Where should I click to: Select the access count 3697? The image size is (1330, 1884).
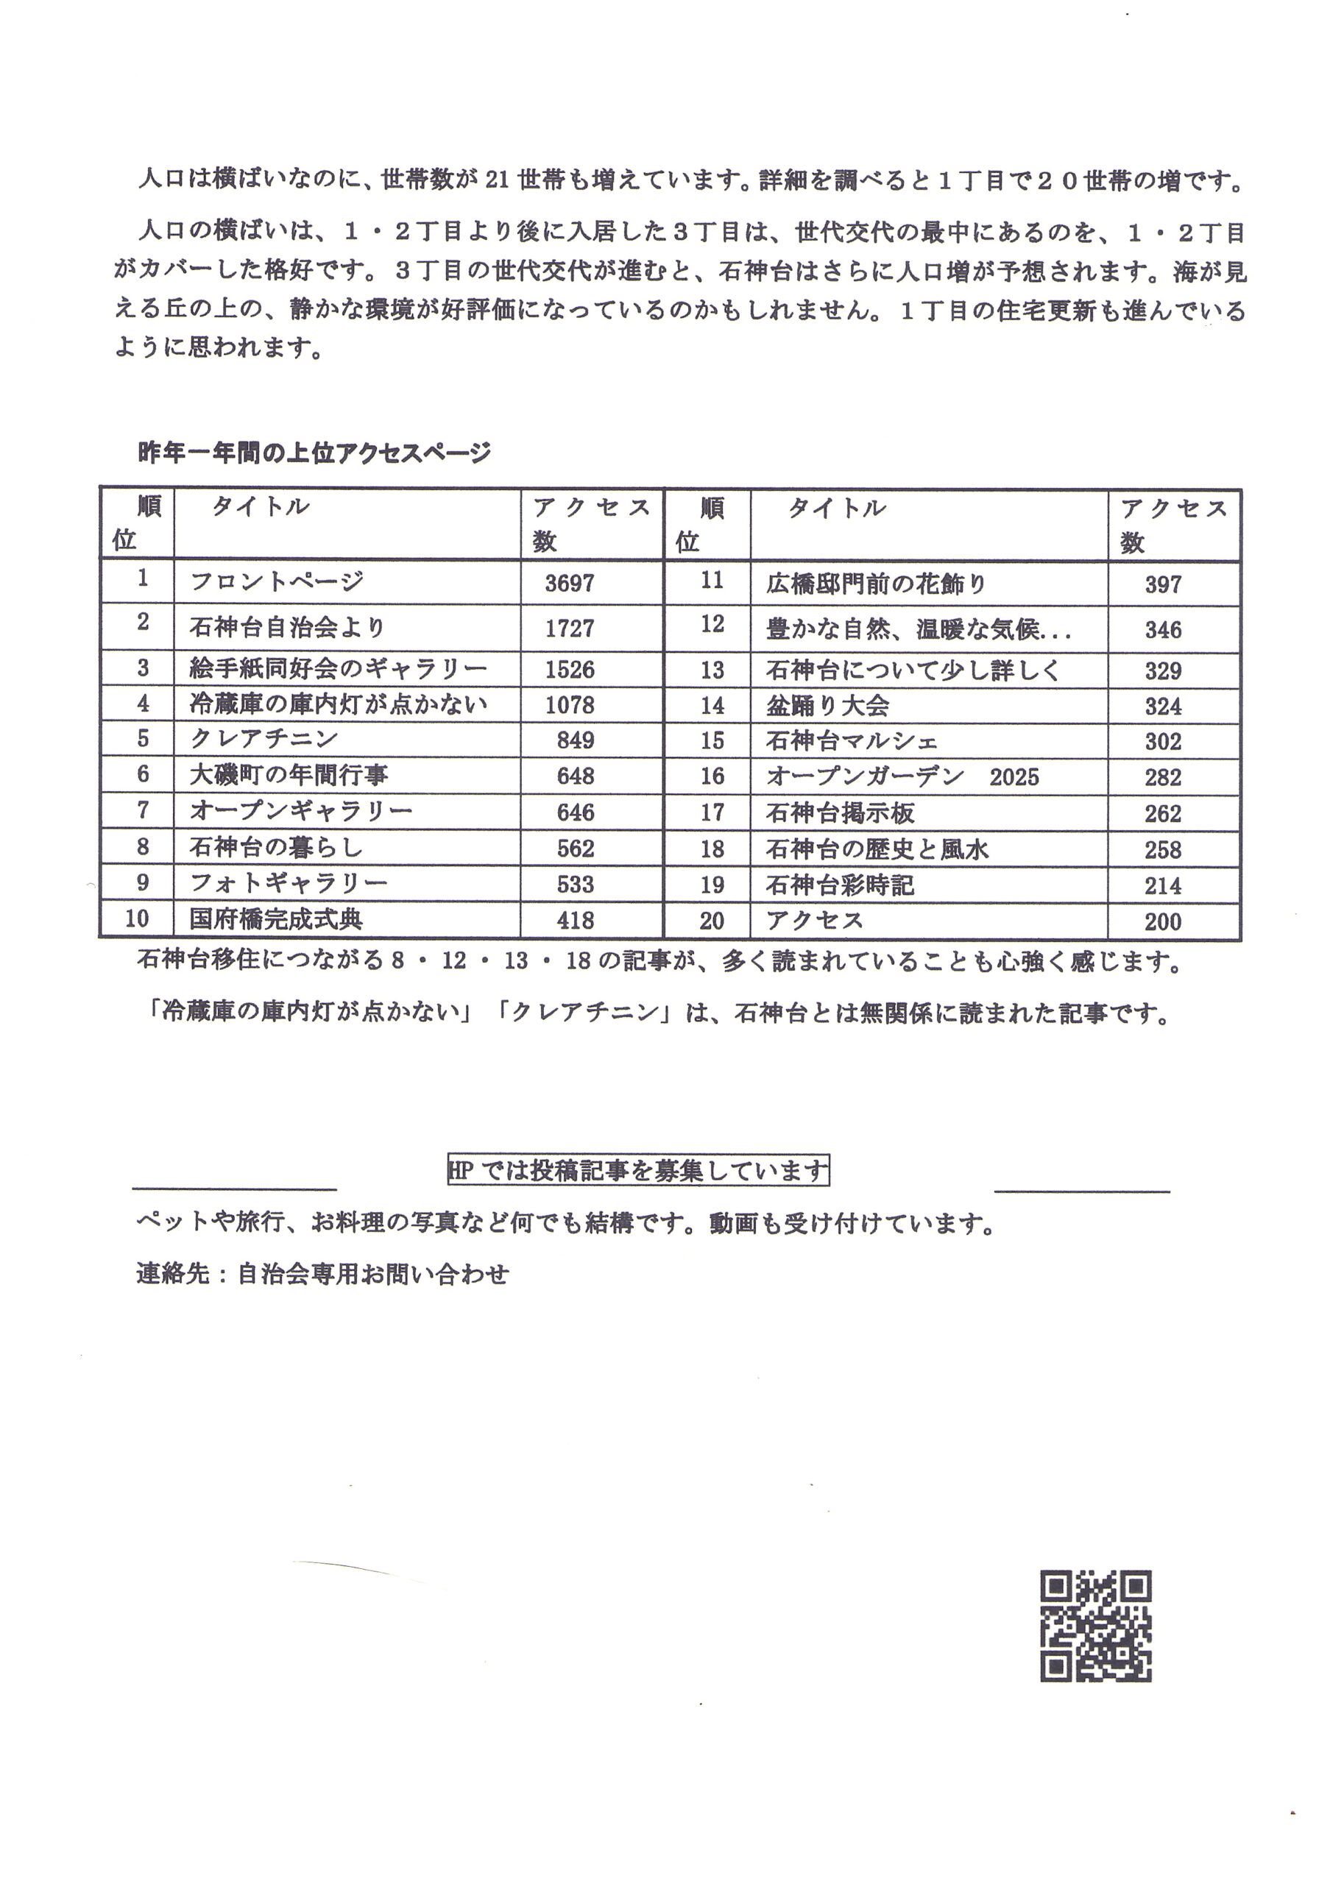tap(570, 584)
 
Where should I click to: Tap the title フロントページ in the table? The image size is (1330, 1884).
tap(277, 582)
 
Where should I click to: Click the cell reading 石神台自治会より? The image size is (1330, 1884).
tap(287, 628)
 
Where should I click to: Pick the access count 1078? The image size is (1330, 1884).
tap(570, 705)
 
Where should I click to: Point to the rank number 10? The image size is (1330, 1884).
tap(136, 918)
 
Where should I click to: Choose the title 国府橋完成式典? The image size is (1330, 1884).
tap(276, 919)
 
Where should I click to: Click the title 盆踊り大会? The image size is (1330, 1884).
tap(827, 706)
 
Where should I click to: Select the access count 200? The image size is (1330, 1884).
tap(1163, 921)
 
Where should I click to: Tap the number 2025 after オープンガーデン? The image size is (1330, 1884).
tap(1014, 777)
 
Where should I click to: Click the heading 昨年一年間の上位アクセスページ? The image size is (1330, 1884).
tap(314, 452)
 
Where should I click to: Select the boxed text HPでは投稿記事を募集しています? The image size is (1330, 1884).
tap(637, 1170)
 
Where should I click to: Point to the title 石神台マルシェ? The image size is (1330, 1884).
tap(852, 741)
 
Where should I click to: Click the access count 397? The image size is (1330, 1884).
tap(1163, 585)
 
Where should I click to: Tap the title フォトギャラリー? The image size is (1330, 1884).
tap(288, 883)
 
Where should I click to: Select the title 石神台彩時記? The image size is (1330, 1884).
tap(839, 885)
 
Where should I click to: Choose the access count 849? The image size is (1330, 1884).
tap(575, 740)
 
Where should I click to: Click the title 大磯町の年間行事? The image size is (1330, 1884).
tap(289, 776)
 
